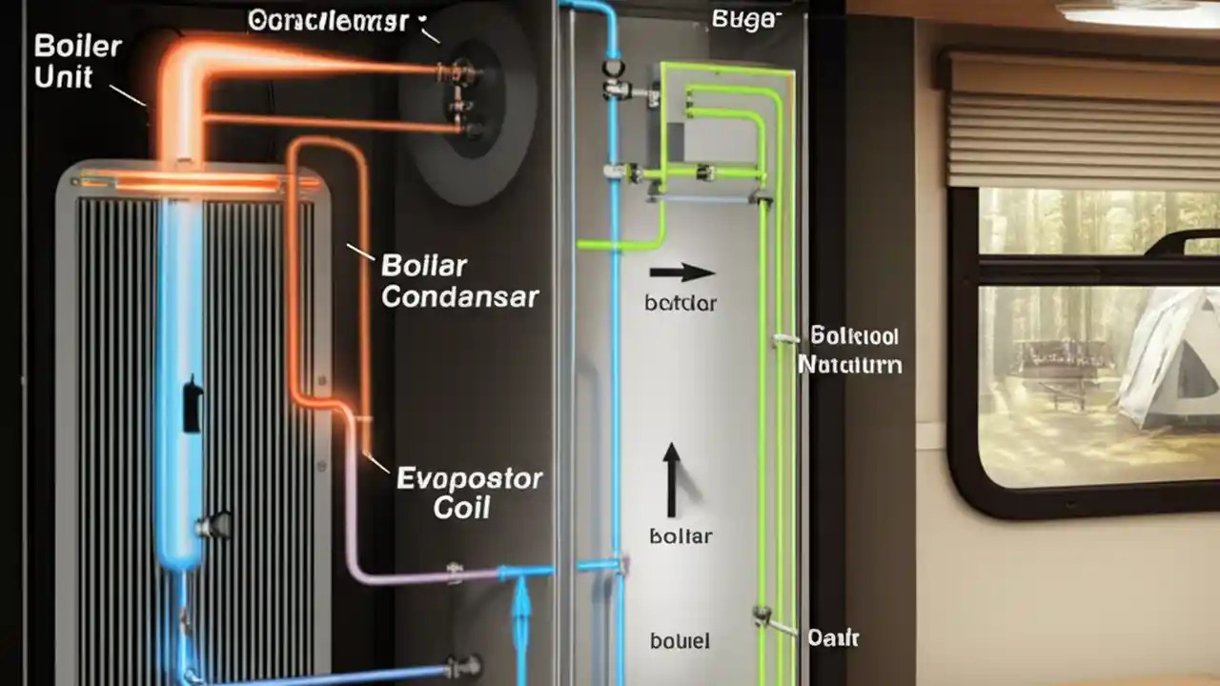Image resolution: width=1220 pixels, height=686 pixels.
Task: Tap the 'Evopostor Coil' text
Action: [468, 493]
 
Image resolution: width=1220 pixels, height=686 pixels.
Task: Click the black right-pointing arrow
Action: [682, 273]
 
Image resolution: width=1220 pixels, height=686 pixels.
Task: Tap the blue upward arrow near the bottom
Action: [520, 615]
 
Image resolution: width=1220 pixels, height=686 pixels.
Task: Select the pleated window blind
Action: [1083, 119]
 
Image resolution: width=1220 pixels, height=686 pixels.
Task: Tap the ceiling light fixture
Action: [1139, 12]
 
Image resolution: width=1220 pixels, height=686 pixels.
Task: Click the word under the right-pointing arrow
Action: [681, 304]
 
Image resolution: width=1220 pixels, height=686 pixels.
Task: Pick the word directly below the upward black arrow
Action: [681, 536]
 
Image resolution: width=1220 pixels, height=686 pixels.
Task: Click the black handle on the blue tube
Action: [192, 404]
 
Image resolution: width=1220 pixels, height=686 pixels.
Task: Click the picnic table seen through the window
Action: [1048, 367]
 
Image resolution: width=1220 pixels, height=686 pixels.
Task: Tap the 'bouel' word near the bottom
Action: [680, 640]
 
